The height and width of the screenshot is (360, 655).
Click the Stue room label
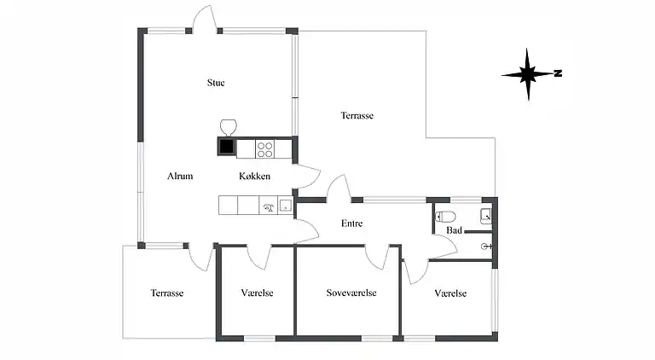pos(216,83)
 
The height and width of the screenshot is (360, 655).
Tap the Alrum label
pos(180,176)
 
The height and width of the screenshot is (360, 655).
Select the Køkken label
pos(255,176)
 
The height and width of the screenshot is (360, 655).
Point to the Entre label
pos(351,224)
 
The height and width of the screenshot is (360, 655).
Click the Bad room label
pos(454,230)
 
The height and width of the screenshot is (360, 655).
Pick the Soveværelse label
pos(351,293)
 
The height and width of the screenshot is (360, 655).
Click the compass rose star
pos(527,74)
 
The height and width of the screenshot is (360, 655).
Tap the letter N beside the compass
pos(558,73)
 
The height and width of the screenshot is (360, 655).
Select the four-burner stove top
pos(265,149)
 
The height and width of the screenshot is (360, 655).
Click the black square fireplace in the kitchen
pos(227,146)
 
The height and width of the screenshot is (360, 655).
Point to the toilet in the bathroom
pos(445,217)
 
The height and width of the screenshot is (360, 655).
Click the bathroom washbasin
pos(486,216)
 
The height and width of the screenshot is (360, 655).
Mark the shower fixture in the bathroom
pos(486,247)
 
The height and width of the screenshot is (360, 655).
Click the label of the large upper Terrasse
pos(357,115)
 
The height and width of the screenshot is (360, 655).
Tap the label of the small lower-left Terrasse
pos(167,293)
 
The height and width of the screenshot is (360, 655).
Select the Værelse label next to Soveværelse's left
pos(258,293)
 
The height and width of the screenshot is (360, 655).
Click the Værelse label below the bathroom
pos(450,293)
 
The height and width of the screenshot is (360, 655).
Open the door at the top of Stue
pos(205,19)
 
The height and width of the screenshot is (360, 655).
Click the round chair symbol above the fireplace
pos(228,127)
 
